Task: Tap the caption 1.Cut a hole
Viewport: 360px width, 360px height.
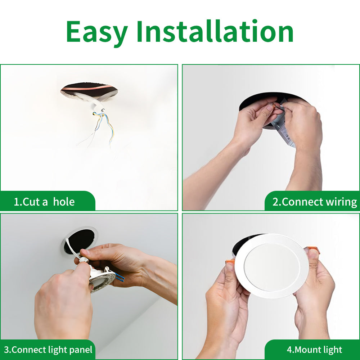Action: pyautogui.click(x=44, y=202)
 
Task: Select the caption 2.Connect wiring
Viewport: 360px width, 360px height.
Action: pyautogui.click(x=314, y=202)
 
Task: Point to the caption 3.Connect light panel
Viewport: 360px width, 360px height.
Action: pyautogui.click(x=48, y=350)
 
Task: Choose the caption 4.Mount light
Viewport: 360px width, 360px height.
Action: pyautogui.click(x=314, y=350)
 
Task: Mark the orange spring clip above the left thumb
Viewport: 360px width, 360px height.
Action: pyautogui.click(x=230, y=262)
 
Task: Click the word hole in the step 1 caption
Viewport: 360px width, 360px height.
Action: pyautogui.click(x=64, y=202)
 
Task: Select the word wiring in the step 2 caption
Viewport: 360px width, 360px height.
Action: pyautogui.click(x=341, y=202)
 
